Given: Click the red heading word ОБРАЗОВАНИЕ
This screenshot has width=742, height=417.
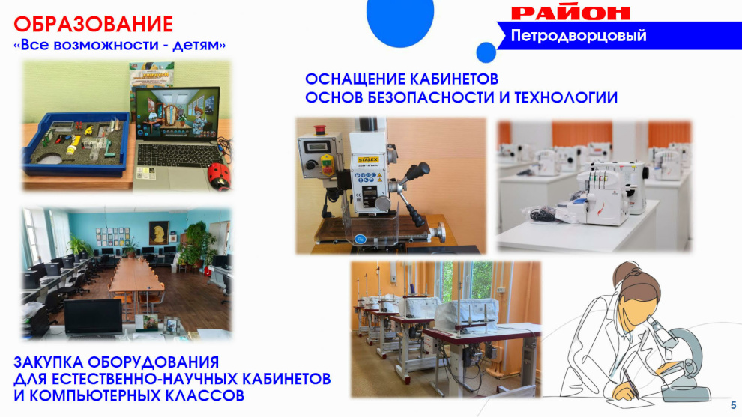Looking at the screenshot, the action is click(93, 25).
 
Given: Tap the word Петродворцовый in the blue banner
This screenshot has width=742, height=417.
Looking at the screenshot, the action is click(579, 36).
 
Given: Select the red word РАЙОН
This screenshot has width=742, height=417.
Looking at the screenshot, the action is click(570, 13).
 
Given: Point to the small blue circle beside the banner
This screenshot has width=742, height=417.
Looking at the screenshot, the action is click(486, 52).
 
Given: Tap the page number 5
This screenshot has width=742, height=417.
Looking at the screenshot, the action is click(734, 405).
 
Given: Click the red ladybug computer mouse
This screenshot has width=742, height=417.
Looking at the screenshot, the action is click(220, 176).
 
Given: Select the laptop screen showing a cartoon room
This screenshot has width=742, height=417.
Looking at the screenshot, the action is click(178, 114).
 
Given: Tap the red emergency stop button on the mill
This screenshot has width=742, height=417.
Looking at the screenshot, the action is click(320, 128).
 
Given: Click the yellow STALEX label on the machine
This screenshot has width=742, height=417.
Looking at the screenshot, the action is click(368, 159).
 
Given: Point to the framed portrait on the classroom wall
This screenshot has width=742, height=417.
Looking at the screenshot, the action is click(160, 233).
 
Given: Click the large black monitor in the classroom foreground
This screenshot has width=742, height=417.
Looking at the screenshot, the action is click(93, 317).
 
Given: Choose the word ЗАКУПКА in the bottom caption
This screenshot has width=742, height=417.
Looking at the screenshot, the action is click(48, 362).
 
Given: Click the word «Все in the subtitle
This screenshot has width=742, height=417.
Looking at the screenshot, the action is click(33, 46).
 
